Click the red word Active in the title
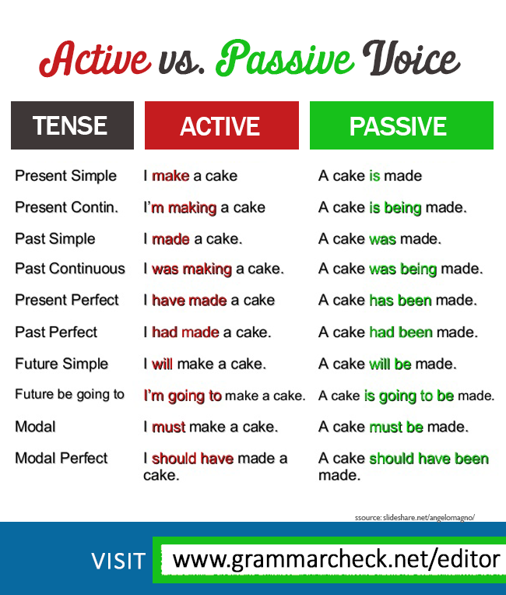coord(95,59)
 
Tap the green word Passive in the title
coord(285,58)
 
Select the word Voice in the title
coord(411,58)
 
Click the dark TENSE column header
coord(72,125)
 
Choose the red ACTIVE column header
coord(222,125)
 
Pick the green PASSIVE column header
coord(402,125)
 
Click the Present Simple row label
coord(65,177)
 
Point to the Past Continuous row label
coord(70,269)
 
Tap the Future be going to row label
coord(69,395)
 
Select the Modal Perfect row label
coord(61,458)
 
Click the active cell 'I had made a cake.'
coord(207,332)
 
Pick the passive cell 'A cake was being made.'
coord(401,269)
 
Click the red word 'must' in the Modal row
coord(168,428)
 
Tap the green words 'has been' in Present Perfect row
coord(400,301)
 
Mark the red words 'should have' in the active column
coord(192,459)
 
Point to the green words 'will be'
coord(390,364)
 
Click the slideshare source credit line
coord(415,518)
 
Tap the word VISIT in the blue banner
coord(118,561)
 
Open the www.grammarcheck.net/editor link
coord(336,560)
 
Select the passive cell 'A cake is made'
coord(371,176)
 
